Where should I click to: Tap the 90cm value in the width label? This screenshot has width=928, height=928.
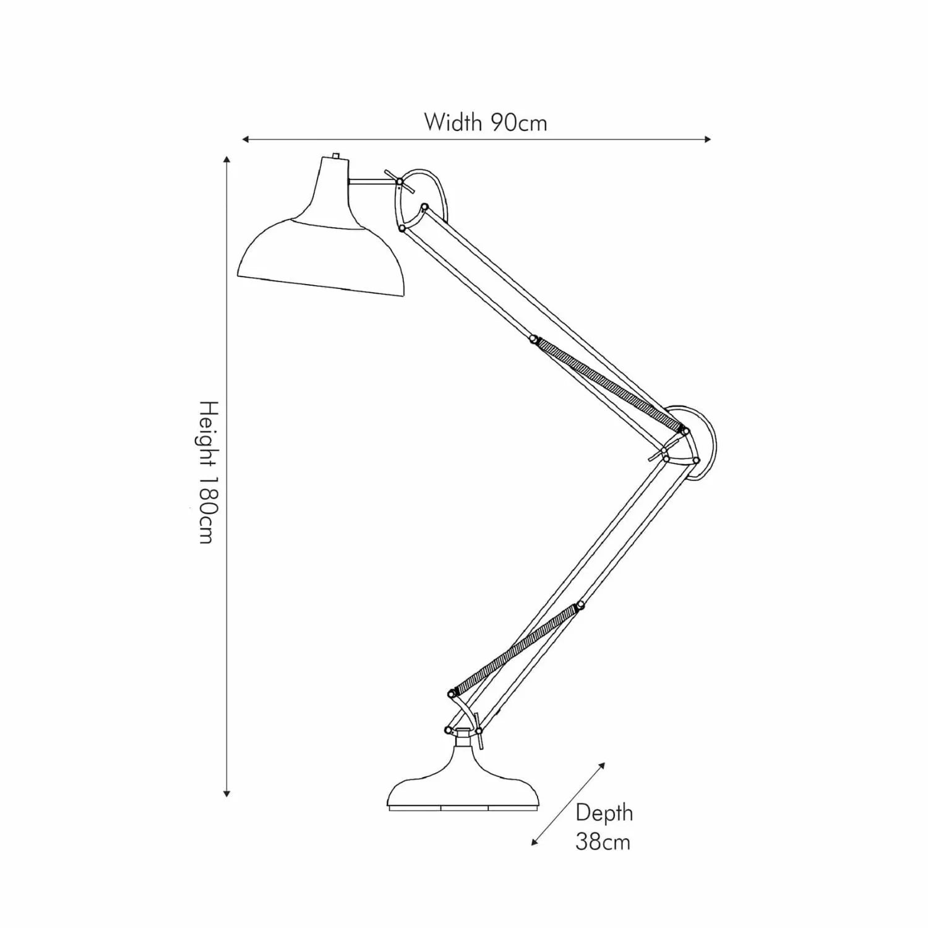pyautogui.click(x=520, y=122)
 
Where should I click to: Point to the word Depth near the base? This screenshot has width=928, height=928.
pyautogui.click(x=604, y=813)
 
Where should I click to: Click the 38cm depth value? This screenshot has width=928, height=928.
pyautogui.click(x=603, y=842)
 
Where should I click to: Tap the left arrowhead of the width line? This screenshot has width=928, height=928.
pyautogui.click(x=246, y=139)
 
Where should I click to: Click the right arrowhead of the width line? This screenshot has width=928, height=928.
pyautogui.click(x=707, y=139)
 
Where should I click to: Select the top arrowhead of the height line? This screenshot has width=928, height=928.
pyautogui.click(x=228, y=161)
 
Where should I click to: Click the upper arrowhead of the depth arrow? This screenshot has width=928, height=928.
pyautogui.click(x=601, y=765)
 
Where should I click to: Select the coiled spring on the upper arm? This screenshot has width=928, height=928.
pyautogui.click(x=609, y=384)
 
